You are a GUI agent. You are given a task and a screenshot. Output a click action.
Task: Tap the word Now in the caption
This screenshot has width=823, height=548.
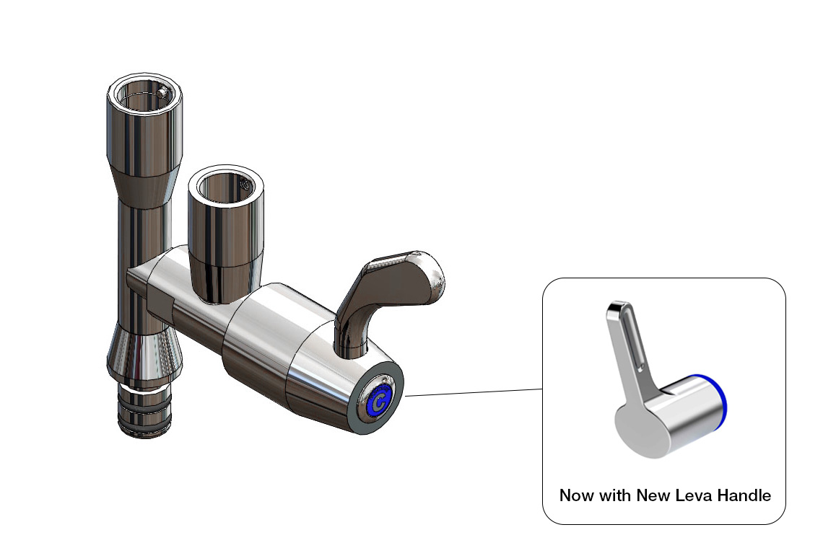coord(577,495)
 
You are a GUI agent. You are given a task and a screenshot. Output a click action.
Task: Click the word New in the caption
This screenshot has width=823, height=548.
coord(654,495)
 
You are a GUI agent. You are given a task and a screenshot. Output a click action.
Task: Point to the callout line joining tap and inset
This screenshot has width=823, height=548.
coord(473,392)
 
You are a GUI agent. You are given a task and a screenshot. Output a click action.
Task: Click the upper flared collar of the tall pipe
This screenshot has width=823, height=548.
coord(141,180)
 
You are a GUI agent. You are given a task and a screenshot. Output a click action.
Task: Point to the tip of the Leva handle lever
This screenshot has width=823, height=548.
coord(616,307)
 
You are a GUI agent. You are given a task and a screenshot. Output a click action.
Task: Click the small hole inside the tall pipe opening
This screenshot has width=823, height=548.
coord(164,92)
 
